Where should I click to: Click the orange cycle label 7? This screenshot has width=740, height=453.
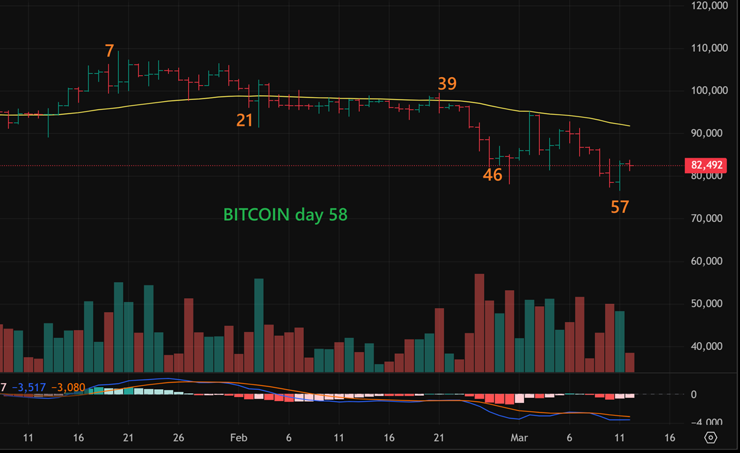(x=110, y=51)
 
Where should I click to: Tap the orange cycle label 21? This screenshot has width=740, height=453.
(x=245, y=120)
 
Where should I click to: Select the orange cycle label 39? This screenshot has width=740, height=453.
(x=447, y=84)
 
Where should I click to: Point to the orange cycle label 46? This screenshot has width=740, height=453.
(x=493, y=175)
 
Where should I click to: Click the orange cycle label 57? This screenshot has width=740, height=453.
(x=620, y=207)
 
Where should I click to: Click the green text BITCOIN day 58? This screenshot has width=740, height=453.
(x=285, y=214)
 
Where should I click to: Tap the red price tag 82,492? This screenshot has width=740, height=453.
(x=707, y=165)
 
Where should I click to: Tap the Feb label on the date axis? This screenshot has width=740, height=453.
(x=238, y=438)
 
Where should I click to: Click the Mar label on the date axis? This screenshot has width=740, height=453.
(x=519, y=438)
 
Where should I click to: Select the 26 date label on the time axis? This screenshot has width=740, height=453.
(x=178, y=438)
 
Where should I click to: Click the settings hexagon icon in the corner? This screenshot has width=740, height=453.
(x=711, y=438)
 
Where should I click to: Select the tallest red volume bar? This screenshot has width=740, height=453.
(x=479, y=323)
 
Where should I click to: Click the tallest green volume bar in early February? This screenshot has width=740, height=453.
(x=259, y=325)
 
